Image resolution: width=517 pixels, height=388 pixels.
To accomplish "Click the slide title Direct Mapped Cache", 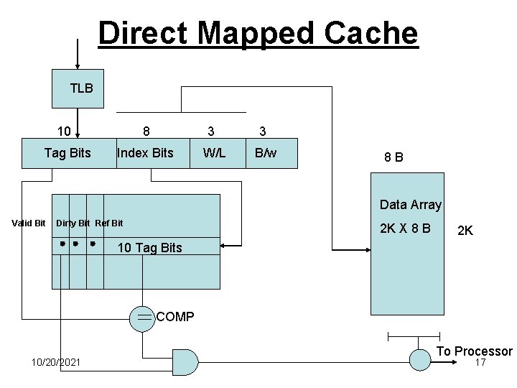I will pyautogui.click(x=258, y=33).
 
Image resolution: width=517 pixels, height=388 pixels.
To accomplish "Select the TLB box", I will pyautogui.click(x=78, y=88).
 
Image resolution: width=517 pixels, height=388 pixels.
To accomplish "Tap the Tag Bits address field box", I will pyautogui.click(x=67, y=152).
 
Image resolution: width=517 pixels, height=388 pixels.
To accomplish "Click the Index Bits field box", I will pyautogui.click(x=145, y=152).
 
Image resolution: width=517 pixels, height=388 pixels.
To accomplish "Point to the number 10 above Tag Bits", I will pyautogui.click(x=64, y=131).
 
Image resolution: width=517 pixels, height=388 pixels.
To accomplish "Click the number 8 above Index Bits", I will pyautogui.click(x=146, y=131).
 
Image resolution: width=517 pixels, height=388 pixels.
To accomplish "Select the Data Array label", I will pyautogui.click(x=410, y=205).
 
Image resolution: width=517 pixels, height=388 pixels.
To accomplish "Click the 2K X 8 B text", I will pyautogui.click(x=406, y=228).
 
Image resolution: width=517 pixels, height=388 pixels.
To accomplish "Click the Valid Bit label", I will pyautogui.click(x=29, y=223).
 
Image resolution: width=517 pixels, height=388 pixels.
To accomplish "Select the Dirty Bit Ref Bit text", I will pyautogui.click(x=89, y=223).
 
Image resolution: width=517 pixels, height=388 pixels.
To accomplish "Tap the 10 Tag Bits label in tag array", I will pyautogui.click(x=149, y=248).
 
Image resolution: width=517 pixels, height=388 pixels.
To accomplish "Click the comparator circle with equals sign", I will pyautogui.click(x=142, y=317).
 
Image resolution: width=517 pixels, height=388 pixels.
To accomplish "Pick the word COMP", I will pyautogui.click(x=174, y=317).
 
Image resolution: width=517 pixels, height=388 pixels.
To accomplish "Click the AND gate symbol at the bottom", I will pyautogui.click(x=185, y=362).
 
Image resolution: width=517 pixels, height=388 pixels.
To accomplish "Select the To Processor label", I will pyautogui.click(x=475, y=351).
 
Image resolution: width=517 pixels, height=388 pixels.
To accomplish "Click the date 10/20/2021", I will pyautogui.click(x=57, y=362).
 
